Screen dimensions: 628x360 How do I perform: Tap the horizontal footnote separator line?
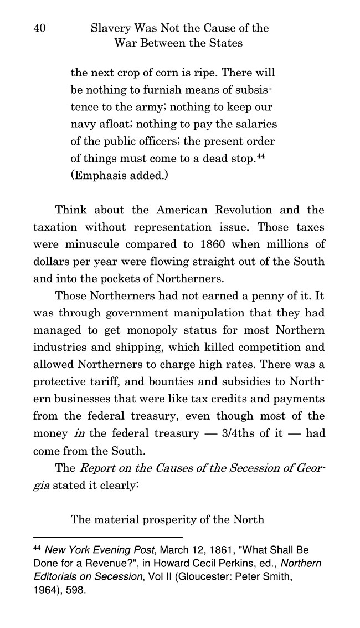(x=108, y=537)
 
